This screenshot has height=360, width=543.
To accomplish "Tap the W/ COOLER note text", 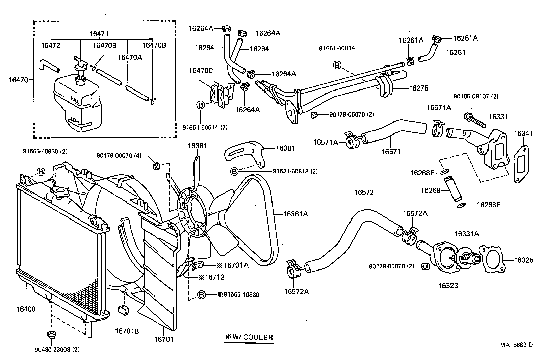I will [249, 337].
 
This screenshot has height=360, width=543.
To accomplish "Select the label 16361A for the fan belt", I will [295, 214].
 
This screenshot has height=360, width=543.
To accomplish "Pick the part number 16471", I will [99, 34].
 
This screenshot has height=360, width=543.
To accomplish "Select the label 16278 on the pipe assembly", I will [418, 88].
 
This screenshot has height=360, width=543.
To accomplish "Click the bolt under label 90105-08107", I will [475, 120].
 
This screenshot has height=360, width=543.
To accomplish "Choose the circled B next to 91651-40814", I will [337, 65].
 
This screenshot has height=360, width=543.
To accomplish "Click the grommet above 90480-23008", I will [51, 335].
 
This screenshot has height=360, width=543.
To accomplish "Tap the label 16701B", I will [127, 331].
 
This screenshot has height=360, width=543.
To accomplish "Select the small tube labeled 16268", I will [452, 189].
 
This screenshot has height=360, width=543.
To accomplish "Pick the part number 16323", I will [448, 286].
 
